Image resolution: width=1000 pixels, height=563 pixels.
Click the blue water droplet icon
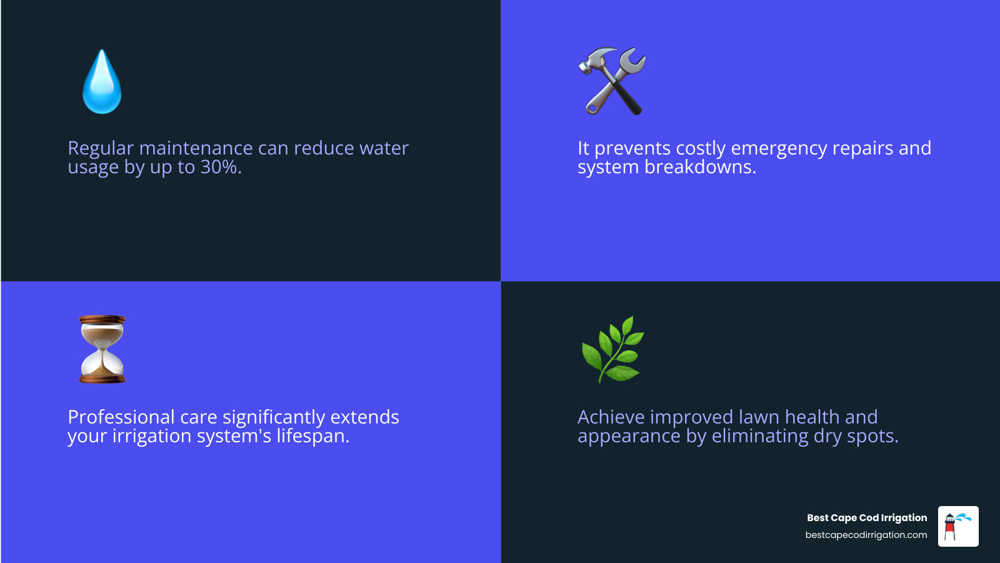[x=102, y=83]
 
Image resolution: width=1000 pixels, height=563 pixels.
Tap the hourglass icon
[x=102, y=349]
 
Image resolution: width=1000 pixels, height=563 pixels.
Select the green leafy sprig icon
[x=612, y=349]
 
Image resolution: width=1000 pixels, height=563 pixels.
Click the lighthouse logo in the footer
[x=957, y=526]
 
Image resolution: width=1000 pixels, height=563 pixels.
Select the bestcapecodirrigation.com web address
[x=866, y=535]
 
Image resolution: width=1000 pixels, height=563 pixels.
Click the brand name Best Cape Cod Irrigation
[x=866, y=518]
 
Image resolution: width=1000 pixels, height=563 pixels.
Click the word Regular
[x=101, y=148]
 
